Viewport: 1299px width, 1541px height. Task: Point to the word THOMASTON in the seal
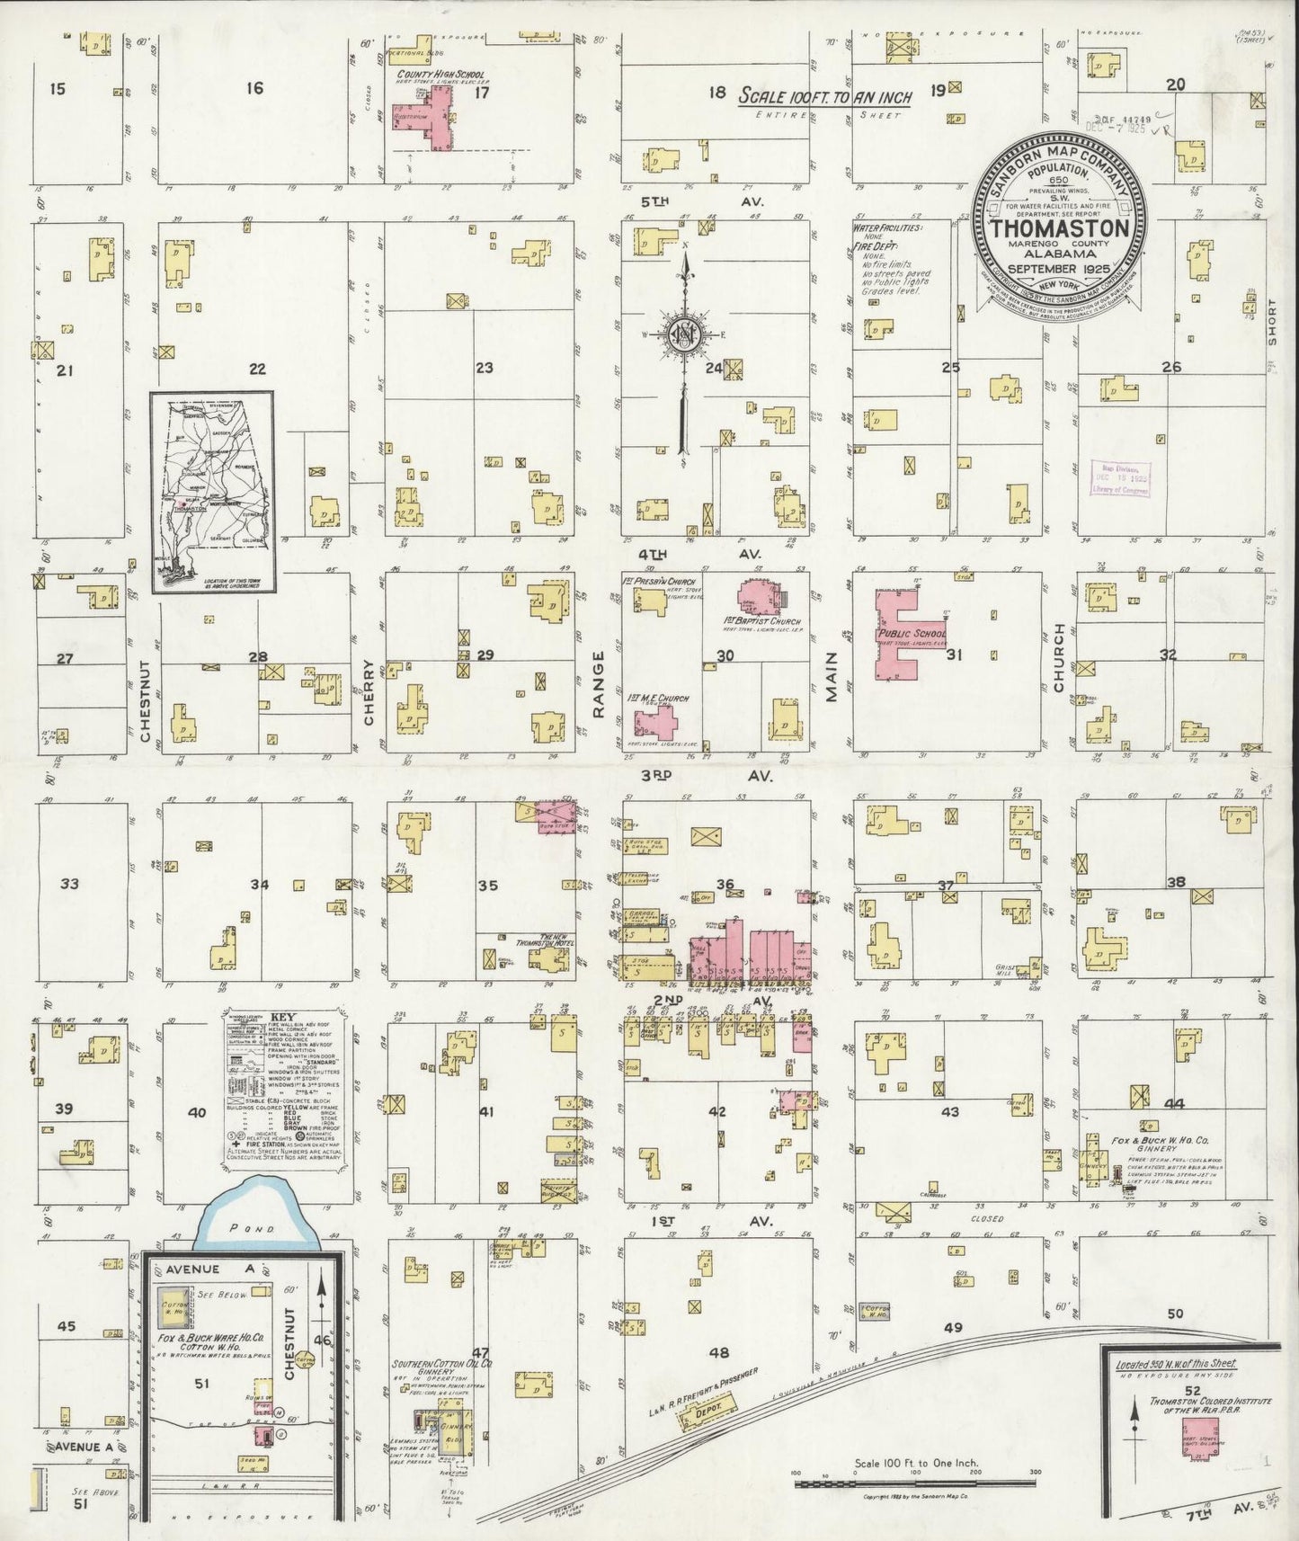pyautogui.click(x=1060, y=227)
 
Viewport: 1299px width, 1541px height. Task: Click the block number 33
pyautogui.click(x=68, y=884)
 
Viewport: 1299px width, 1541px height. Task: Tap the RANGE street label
pyautogui.click(x=599, y=697)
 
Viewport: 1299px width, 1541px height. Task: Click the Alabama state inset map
pyautogui.click(x=213, y=492)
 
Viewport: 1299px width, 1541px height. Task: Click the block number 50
pyautogui.click(x=1176, y=1314)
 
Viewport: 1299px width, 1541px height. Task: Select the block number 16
pyautogui.click(x=255, y=88)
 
